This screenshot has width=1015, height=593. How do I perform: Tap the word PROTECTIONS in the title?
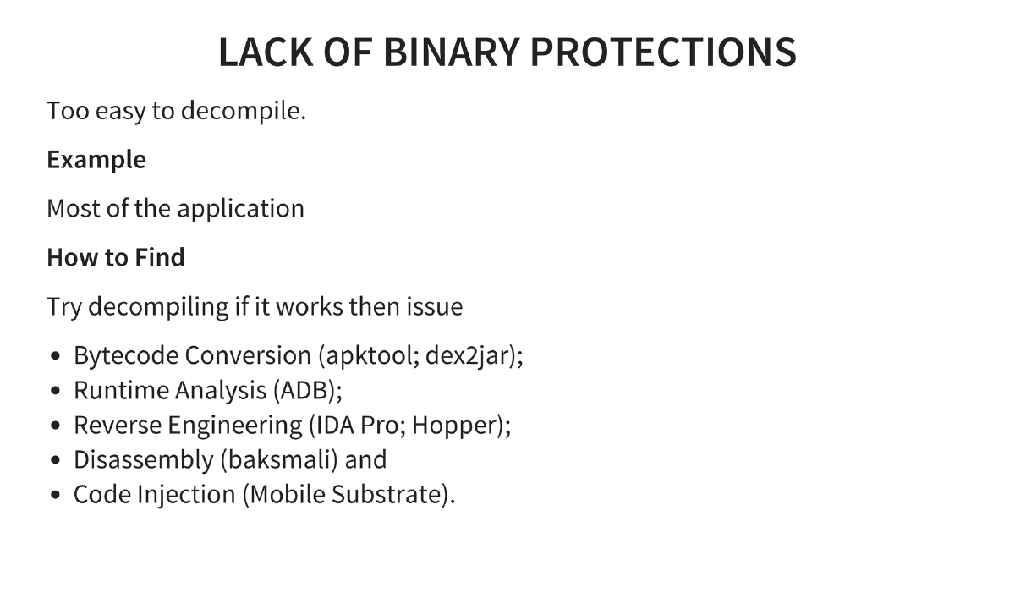click(x=663, y=52)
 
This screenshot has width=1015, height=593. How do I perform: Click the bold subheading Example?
click(x=96, y=160)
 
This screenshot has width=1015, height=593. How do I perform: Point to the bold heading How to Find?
click(x=115, y=257)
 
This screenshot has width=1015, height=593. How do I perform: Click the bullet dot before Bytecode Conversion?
click(x=55, y=356)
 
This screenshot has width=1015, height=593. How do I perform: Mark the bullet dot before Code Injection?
click(x=55, y=495)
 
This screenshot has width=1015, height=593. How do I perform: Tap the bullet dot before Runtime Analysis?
click(x=55, y=391)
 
